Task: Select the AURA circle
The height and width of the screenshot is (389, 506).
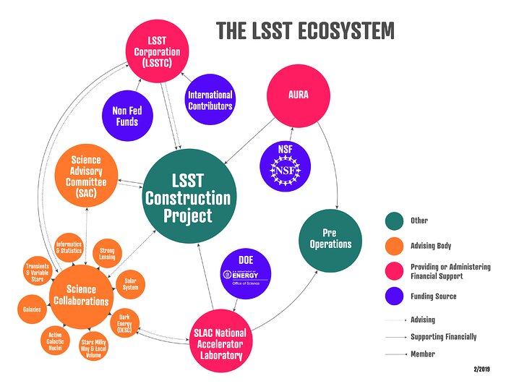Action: point(299,93)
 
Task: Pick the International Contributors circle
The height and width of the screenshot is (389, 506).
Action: point(210,101)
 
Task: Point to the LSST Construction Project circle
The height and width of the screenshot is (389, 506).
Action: point(188,187)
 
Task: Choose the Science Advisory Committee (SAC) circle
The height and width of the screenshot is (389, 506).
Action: point(86,176)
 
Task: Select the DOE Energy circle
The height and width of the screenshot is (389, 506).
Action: point(246,274)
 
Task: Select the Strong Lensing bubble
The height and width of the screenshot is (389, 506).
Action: point(107,254)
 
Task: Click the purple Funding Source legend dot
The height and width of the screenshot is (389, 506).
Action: point(395,296)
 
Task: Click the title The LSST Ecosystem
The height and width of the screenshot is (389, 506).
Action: point(306,31)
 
